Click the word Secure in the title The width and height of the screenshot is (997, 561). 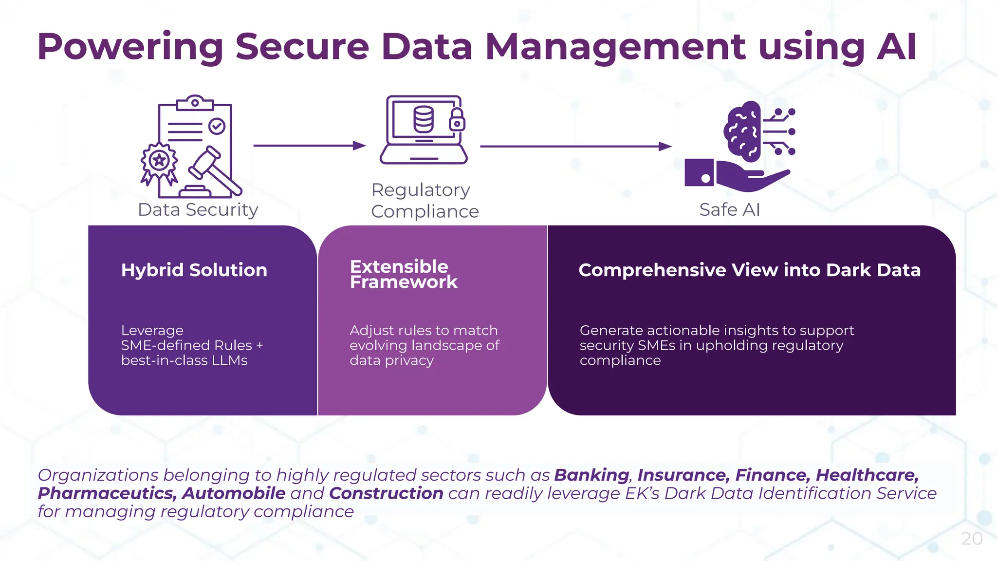pyautogui.click(x=302, y=47)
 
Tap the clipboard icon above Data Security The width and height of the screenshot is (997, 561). pyautogui.click(x=195, y=146)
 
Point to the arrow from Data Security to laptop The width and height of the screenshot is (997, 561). pyautogui.click(x=309, y=146)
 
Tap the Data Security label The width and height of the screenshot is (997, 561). pyautogui.click(x=198, y=210)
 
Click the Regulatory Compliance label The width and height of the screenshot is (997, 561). pyautogui.click(x=425, y=201)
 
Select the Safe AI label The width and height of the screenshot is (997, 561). pyautogui.click(x=729, y=210)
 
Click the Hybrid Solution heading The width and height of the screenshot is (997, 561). pyautogui.click(x=194, y=270)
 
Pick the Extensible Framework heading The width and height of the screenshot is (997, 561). pyautogui.click(x=403, y=274)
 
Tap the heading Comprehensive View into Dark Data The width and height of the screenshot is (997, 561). pyautogui.click(x=749, y=270)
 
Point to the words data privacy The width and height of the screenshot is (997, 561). pyautogui.click(x=391, y=360)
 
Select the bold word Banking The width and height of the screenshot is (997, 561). pyautogui.click(x=591, y=475)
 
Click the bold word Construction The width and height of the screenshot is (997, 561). pyautogui.click(x=386, y=493)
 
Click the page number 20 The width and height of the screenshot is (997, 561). pyautogui.click(x=972, y=539)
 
